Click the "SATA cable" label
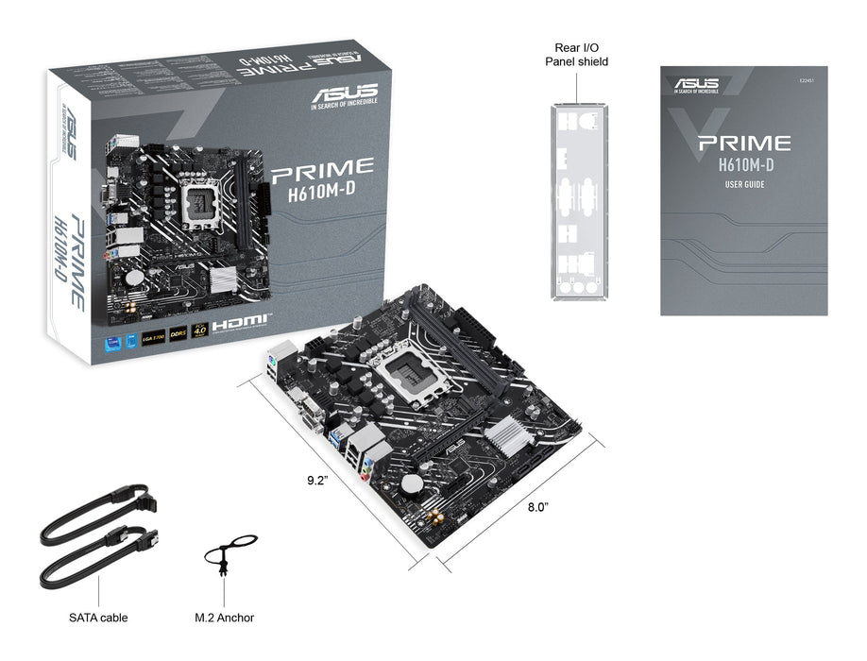pyautogui.click(x=98, y=618)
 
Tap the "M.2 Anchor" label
pyautogui.click(x=224, y=618)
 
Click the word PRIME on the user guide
pyautogui.click(x=743, y=144)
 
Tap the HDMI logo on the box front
pyautogui.click(x=241, y=324)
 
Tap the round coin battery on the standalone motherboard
pyautogui.click(x=412, y=483)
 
